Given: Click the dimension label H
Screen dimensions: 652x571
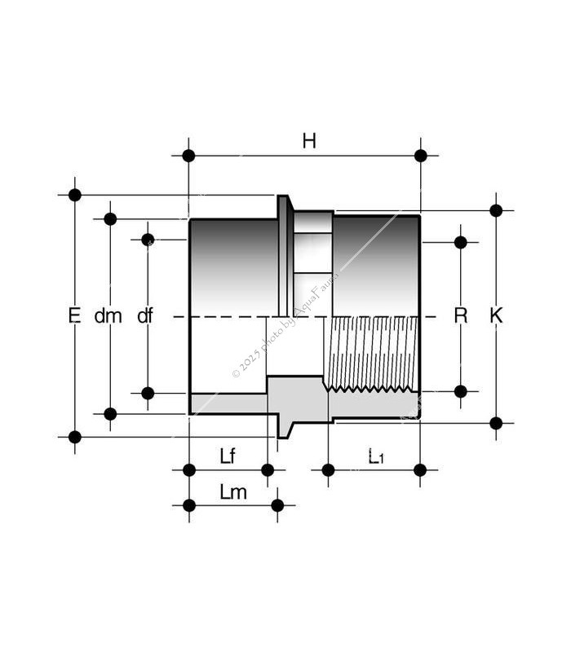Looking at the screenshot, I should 309,141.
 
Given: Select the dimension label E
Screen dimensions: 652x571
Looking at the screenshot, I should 74,315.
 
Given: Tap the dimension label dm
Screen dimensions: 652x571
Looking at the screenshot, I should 108,315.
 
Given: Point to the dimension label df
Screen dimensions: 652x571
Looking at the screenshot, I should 144,315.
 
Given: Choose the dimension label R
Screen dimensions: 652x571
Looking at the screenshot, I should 461,315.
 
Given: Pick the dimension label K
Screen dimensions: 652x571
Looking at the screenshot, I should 496,315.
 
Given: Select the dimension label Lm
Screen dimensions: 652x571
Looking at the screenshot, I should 232,492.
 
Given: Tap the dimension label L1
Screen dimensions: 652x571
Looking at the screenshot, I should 374,456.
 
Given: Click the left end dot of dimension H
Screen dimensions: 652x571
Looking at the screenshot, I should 189,156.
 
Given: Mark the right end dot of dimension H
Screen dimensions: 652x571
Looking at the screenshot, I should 421,156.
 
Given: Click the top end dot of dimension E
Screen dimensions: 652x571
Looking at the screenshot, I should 75,195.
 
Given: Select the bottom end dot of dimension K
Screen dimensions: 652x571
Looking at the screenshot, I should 496,422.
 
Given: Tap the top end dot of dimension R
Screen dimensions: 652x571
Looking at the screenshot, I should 461,242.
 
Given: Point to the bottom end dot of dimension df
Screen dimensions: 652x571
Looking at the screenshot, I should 148,393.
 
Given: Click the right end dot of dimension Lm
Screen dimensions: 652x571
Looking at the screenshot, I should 277,505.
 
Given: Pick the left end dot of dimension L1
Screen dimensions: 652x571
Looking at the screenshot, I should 328,469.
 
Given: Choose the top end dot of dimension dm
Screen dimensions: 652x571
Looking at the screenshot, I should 110,218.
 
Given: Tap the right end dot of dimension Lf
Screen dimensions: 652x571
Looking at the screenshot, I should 267,469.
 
